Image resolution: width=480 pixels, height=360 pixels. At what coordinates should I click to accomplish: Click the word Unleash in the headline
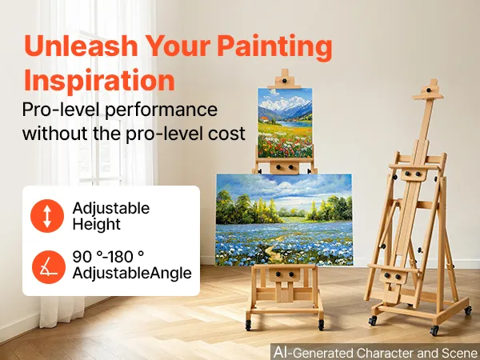click(81, 46)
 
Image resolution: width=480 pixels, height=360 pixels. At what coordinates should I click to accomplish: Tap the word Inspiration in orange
click(99, 80)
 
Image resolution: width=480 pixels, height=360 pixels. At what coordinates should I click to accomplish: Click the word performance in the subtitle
click(161, 110)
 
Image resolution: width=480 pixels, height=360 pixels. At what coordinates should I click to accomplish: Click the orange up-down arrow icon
click(47, 216)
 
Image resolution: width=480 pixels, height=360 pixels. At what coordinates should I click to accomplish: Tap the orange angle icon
click(49, 267)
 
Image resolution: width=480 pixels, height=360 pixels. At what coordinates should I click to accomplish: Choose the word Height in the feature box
click(97, 224)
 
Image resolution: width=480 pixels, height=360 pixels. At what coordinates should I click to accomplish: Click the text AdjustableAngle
click(132, 273)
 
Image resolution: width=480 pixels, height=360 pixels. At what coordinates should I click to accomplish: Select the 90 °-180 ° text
click(108, 256)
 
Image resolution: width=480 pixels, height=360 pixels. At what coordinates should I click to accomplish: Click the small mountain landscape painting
click(285, 122)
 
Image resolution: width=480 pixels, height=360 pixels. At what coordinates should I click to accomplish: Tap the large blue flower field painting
click(284, 220)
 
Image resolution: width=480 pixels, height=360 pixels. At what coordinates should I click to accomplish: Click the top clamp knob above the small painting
click(285, 81)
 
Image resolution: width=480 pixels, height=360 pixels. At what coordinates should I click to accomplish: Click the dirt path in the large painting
click(274, 249)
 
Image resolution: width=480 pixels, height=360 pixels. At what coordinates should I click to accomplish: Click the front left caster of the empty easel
click(373, 321)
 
